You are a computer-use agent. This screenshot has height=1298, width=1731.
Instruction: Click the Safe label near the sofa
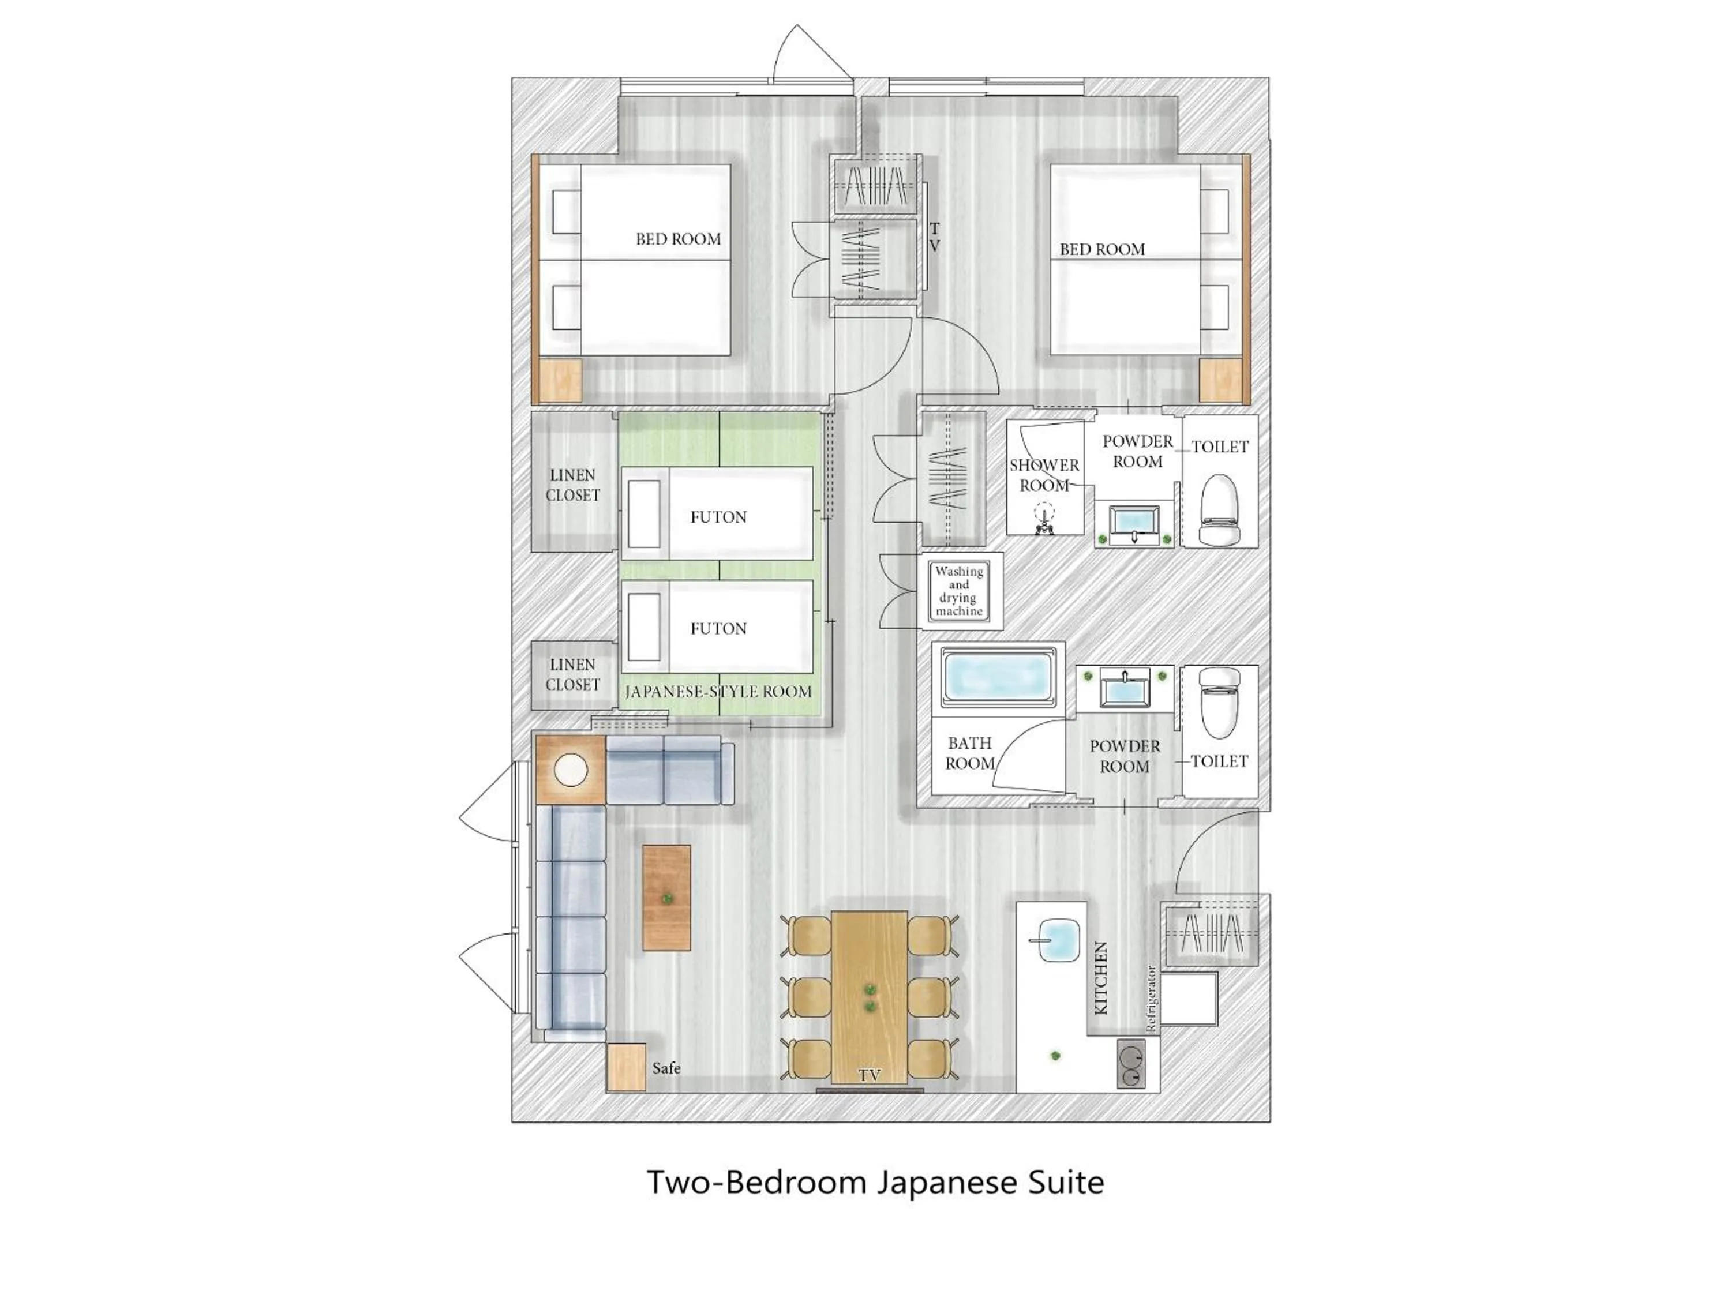click(666, 1068)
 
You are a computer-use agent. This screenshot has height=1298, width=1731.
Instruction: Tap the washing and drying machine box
click(960, 591)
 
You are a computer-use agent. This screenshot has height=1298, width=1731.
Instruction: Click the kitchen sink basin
click(1053, 941)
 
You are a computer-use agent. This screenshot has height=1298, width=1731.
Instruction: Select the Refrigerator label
click(1151, 999)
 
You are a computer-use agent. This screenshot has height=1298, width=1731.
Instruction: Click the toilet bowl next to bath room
click(1220, 703)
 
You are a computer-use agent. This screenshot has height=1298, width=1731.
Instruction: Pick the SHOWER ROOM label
click(1044, 475)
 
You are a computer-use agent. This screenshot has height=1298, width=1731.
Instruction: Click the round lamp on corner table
click(571, 770)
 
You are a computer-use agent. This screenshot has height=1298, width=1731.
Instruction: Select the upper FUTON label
click(718, 517)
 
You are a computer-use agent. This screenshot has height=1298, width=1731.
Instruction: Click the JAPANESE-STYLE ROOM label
click(718, 692)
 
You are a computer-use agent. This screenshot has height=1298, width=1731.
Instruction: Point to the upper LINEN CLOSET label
click(573, 485)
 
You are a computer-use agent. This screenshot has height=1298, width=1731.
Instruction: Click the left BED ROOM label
click(678, 239)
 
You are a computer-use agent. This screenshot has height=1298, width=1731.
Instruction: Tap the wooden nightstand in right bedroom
click(1221, 381)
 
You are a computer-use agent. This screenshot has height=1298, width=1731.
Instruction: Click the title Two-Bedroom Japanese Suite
click(875, 1182)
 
